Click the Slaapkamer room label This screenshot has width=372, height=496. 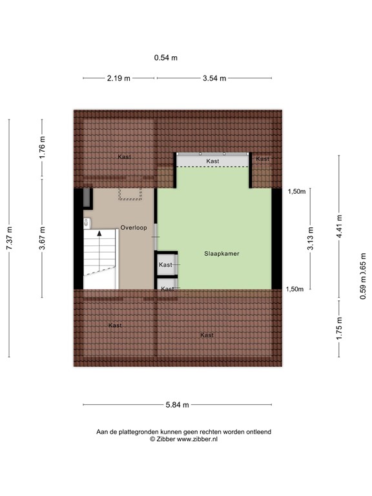coord(222,254)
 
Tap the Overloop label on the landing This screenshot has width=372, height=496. coord(134,227)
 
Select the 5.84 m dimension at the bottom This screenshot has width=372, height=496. coord(177,405)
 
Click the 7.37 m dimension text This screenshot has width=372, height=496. coord(10,238)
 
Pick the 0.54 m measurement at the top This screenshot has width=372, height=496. coord(166,57)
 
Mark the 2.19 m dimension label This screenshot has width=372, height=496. coord(119,78)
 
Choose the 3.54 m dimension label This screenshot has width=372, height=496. coord(214,78)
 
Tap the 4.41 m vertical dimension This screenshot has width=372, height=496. coord(340,227)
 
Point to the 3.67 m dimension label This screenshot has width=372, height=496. coord(43,238)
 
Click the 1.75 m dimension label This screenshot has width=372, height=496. coord(340,328)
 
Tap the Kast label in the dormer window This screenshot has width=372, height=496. coord(212,161)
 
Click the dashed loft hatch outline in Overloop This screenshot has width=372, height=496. coord(129,194)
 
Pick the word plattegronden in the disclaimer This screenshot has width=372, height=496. coord(147,431)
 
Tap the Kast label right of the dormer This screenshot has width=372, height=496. coord(262,159)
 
